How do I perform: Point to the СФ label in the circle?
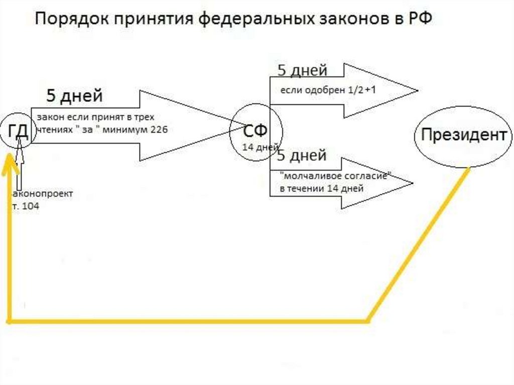pyautogui.click(x=255, y=132)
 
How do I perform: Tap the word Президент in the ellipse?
pyautogui.click(x=463, y=135)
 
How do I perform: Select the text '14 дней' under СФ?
pyautogui.click(x=260, y=147)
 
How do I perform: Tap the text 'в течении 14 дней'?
pyautogui.click(x=321, y=188)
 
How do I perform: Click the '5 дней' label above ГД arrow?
pyautogui.click(x=74, y=95)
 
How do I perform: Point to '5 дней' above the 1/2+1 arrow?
pyautogui.click(x=302, y=70)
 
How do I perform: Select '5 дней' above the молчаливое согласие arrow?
pyautogui.click(x=302, y=156)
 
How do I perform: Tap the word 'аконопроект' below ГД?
pyautogui.click(x=43, y=194)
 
